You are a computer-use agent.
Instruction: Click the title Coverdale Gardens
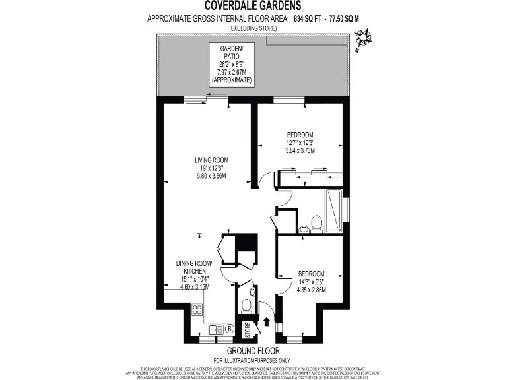(x=253, y=7)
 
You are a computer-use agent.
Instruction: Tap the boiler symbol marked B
(x=230, y=329)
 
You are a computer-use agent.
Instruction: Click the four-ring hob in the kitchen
(x=197, y=308)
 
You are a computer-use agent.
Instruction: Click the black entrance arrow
(x=266, y=322)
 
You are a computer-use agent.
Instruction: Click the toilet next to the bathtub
(x=316, y=222)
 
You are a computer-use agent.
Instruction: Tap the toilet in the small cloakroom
(x=246, y=305)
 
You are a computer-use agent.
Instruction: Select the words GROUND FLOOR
(x=253, y=350)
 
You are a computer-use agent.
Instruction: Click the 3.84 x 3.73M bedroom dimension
(x=300, y=150)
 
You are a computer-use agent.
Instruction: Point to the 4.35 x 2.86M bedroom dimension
(x=311, y=290)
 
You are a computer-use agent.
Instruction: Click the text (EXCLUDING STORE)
(x=253, y=29)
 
